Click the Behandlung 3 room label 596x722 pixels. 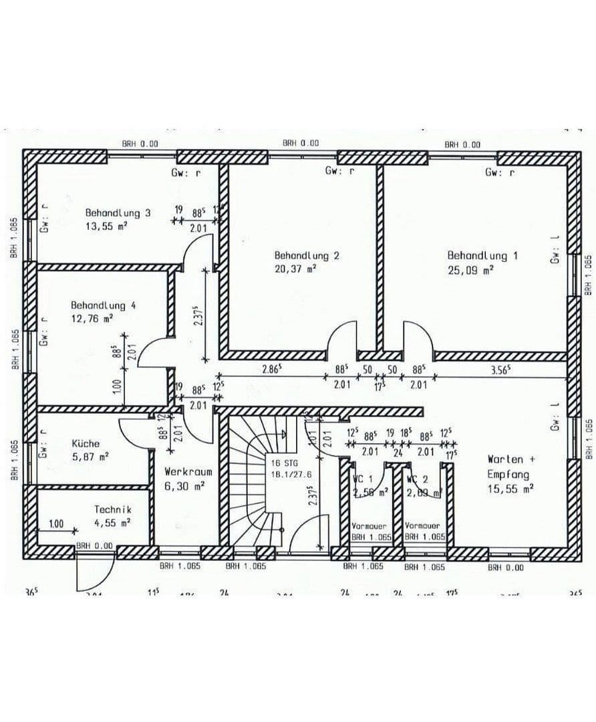(x=118, y=213)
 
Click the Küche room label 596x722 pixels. (x=86, y=443)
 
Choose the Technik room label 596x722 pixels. (x=112, y=510)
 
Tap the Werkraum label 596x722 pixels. (x=188, y=472)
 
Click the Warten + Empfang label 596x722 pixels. (x=508, y=467)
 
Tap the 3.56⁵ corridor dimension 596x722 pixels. (x=500, y=368)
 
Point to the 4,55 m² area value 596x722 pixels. (x=112, y=523)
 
